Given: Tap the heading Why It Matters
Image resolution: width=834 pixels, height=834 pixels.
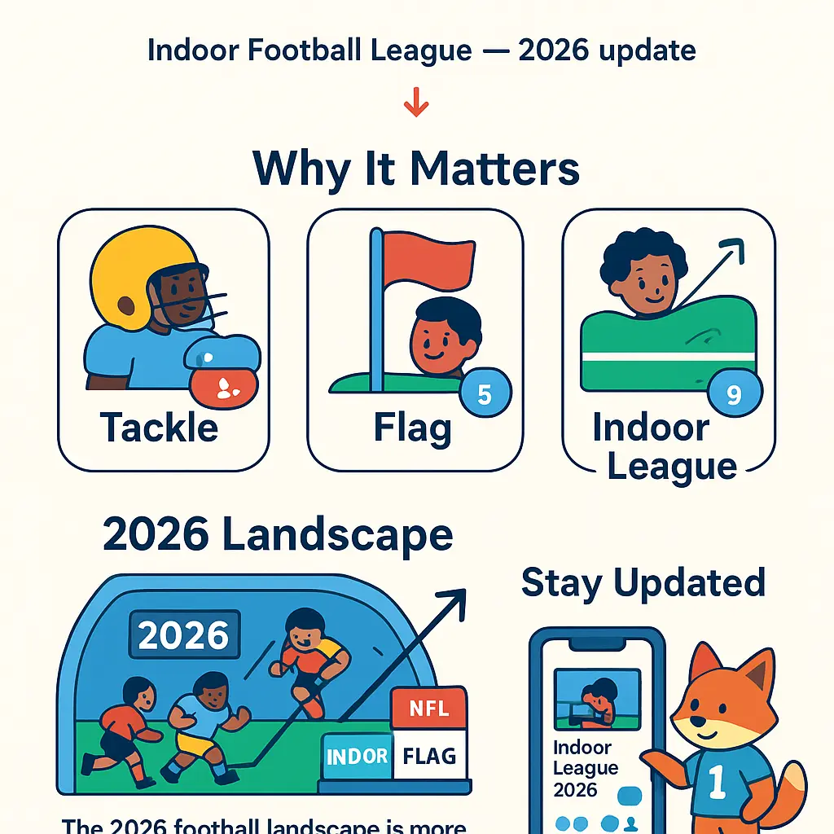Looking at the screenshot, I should [416, 169].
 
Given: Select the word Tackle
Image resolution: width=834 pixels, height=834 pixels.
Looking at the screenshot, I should [160, 427].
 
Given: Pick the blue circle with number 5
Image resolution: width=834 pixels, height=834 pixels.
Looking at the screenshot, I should [484, 395].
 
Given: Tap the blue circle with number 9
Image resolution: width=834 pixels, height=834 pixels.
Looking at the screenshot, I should [733, 395].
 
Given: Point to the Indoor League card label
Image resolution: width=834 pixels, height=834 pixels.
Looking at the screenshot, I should [664, 447].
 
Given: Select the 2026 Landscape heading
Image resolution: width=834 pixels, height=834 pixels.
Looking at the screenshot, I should [278, 535].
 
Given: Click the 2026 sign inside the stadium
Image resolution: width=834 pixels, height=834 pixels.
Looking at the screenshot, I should [184, 635].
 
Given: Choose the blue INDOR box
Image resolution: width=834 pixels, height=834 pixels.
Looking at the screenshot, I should [358, 756].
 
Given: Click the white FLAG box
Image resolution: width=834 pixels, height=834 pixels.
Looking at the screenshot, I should [429, 756].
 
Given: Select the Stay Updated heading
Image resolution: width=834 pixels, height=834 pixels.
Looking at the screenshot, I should [643, 583].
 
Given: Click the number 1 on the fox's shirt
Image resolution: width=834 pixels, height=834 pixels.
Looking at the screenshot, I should [718, 781].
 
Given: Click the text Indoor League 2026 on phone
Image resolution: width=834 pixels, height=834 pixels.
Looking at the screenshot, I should [586, 768].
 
